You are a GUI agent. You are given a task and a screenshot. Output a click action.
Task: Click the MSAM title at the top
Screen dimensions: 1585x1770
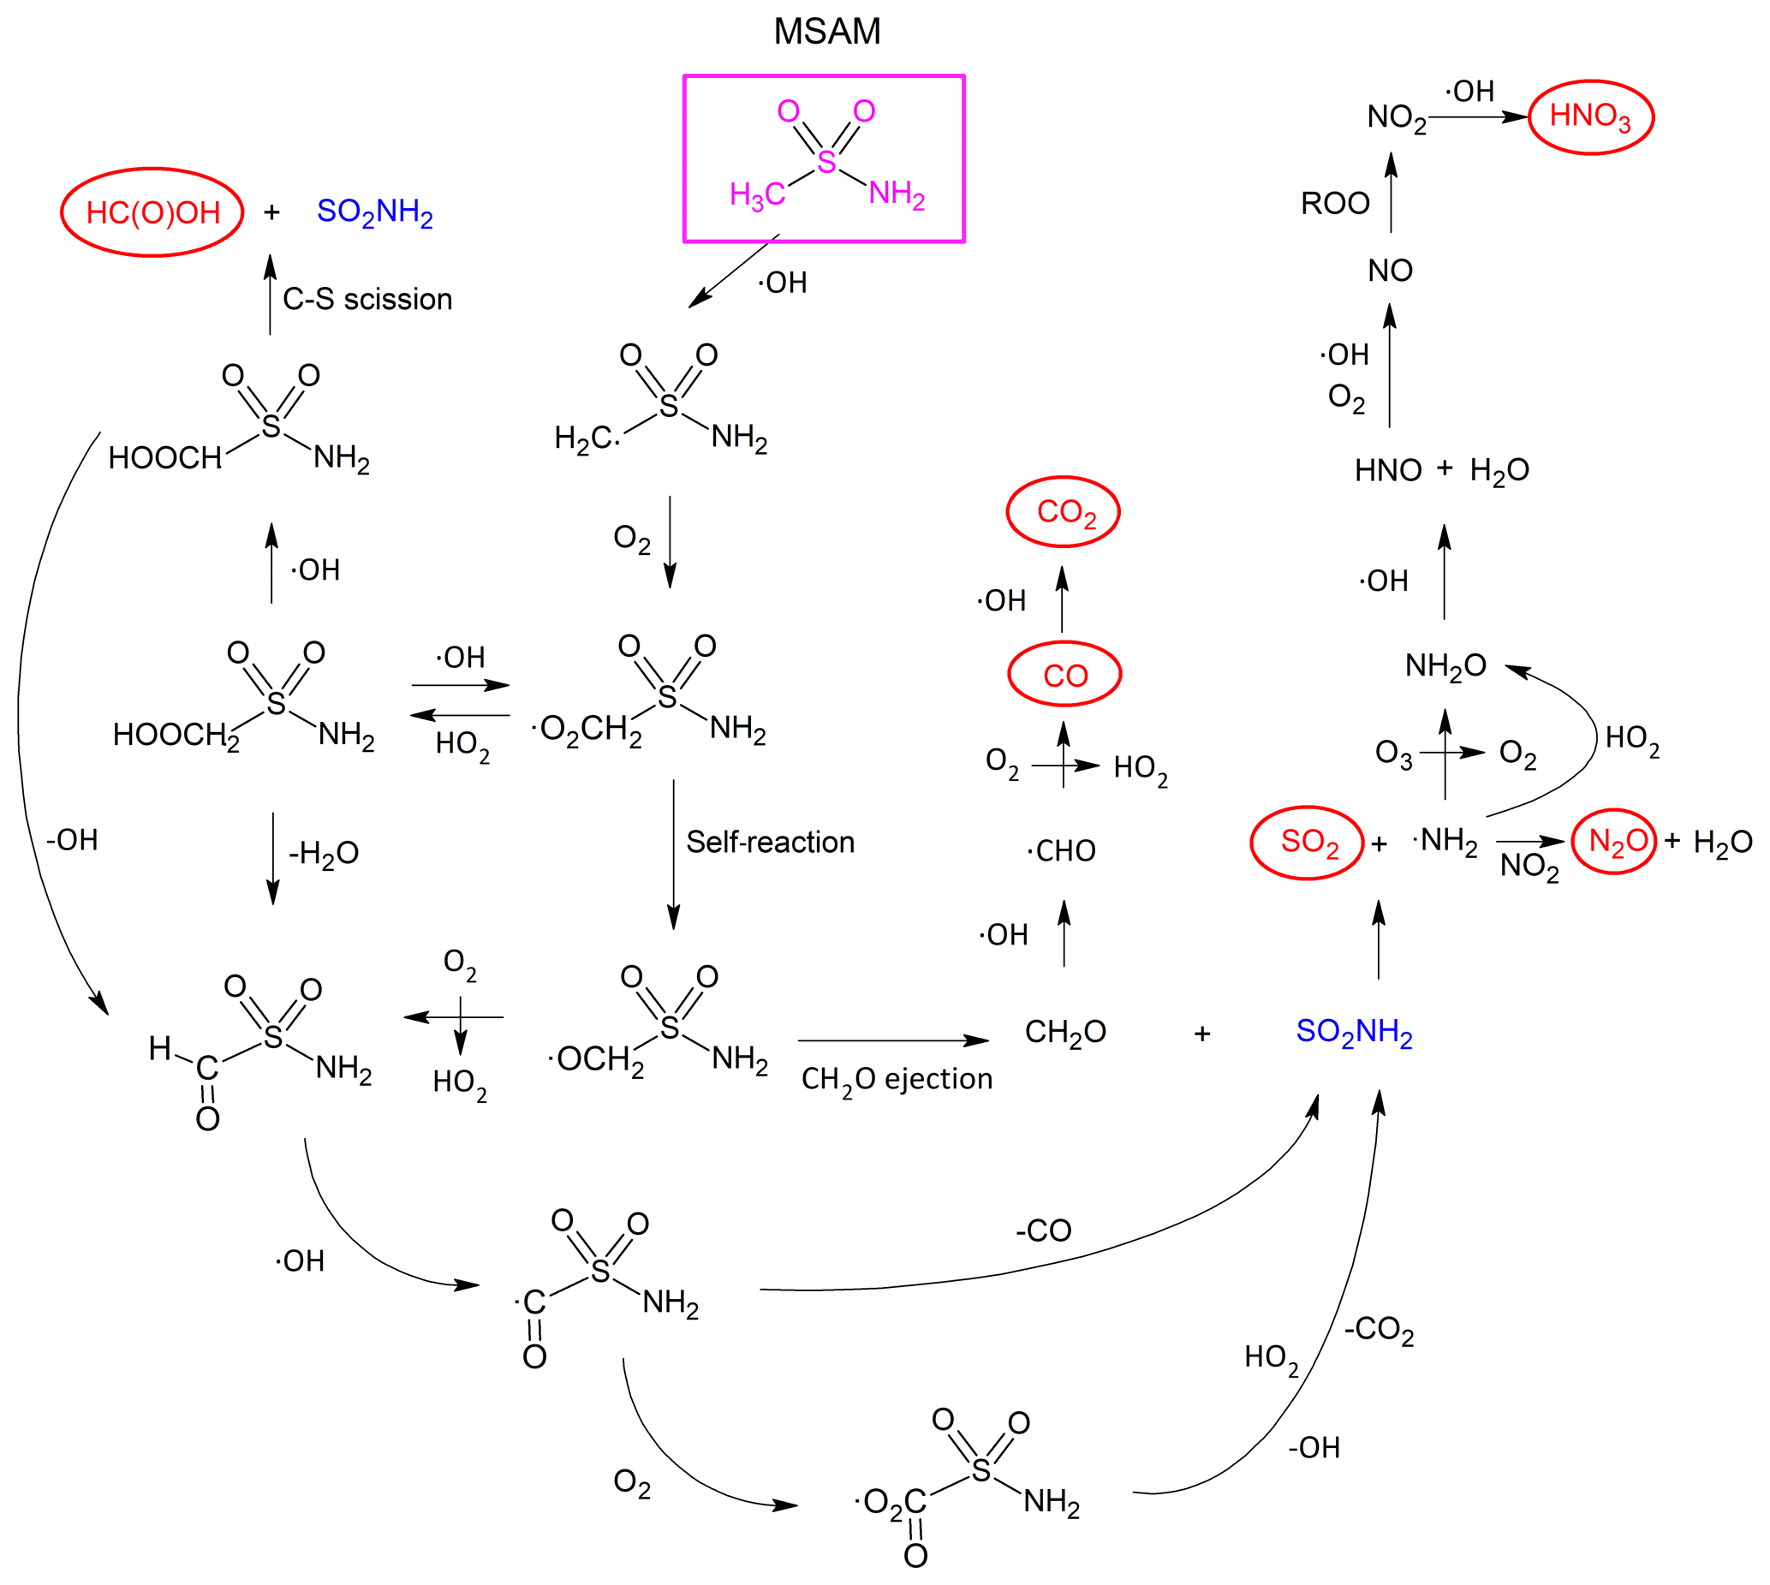[826, 32]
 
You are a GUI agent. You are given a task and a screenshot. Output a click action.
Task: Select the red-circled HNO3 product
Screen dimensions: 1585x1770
[1589, 116]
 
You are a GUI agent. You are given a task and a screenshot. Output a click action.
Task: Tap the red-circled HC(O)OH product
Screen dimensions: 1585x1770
[152, 212]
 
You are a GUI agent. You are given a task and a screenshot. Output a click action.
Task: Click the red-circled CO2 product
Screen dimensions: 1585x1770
[1064, 512]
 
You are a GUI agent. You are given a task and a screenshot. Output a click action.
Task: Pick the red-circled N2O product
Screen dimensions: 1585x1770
[1614, 841]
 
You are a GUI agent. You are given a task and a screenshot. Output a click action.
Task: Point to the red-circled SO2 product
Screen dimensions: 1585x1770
[1308, 842]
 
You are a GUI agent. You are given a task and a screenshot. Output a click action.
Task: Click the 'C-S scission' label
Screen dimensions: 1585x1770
[367, 300]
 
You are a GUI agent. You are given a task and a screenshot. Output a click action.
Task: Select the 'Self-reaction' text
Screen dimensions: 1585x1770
[770, 842]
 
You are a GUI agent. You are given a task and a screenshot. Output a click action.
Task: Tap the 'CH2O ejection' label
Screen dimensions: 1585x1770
[897, 1080]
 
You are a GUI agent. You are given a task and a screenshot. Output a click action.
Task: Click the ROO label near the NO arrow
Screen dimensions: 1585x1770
[1334, 204]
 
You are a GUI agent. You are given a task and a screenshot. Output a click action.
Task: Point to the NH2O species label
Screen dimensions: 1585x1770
[1445, 666]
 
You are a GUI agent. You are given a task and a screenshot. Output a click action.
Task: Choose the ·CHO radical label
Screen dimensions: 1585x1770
[1061, 851]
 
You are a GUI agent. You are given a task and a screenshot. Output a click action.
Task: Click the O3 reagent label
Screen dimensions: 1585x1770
[1393, 754]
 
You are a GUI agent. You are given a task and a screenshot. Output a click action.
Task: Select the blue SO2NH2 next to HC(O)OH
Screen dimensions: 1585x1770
[374, 212]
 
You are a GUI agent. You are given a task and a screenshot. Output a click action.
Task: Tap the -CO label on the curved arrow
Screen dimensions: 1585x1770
[1044, 1230]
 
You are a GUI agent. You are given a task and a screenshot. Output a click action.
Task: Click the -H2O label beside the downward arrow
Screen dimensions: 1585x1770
[323, 854]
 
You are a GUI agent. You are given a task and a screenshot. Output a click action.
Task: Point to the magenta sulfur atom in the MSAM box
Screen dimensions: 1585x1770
[825, 162]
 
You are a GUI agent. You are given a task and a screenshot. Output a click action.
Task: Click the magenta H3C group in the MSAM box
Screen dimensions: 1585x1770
[757, 194]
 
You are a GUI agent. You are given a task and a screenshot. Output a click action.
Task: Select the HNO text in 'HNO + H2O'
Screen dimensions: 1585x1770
[1387, 471]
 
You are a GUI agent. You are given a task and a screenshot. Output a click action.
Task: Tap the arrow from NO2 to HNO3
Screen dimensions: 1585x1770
[1478, 116]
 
